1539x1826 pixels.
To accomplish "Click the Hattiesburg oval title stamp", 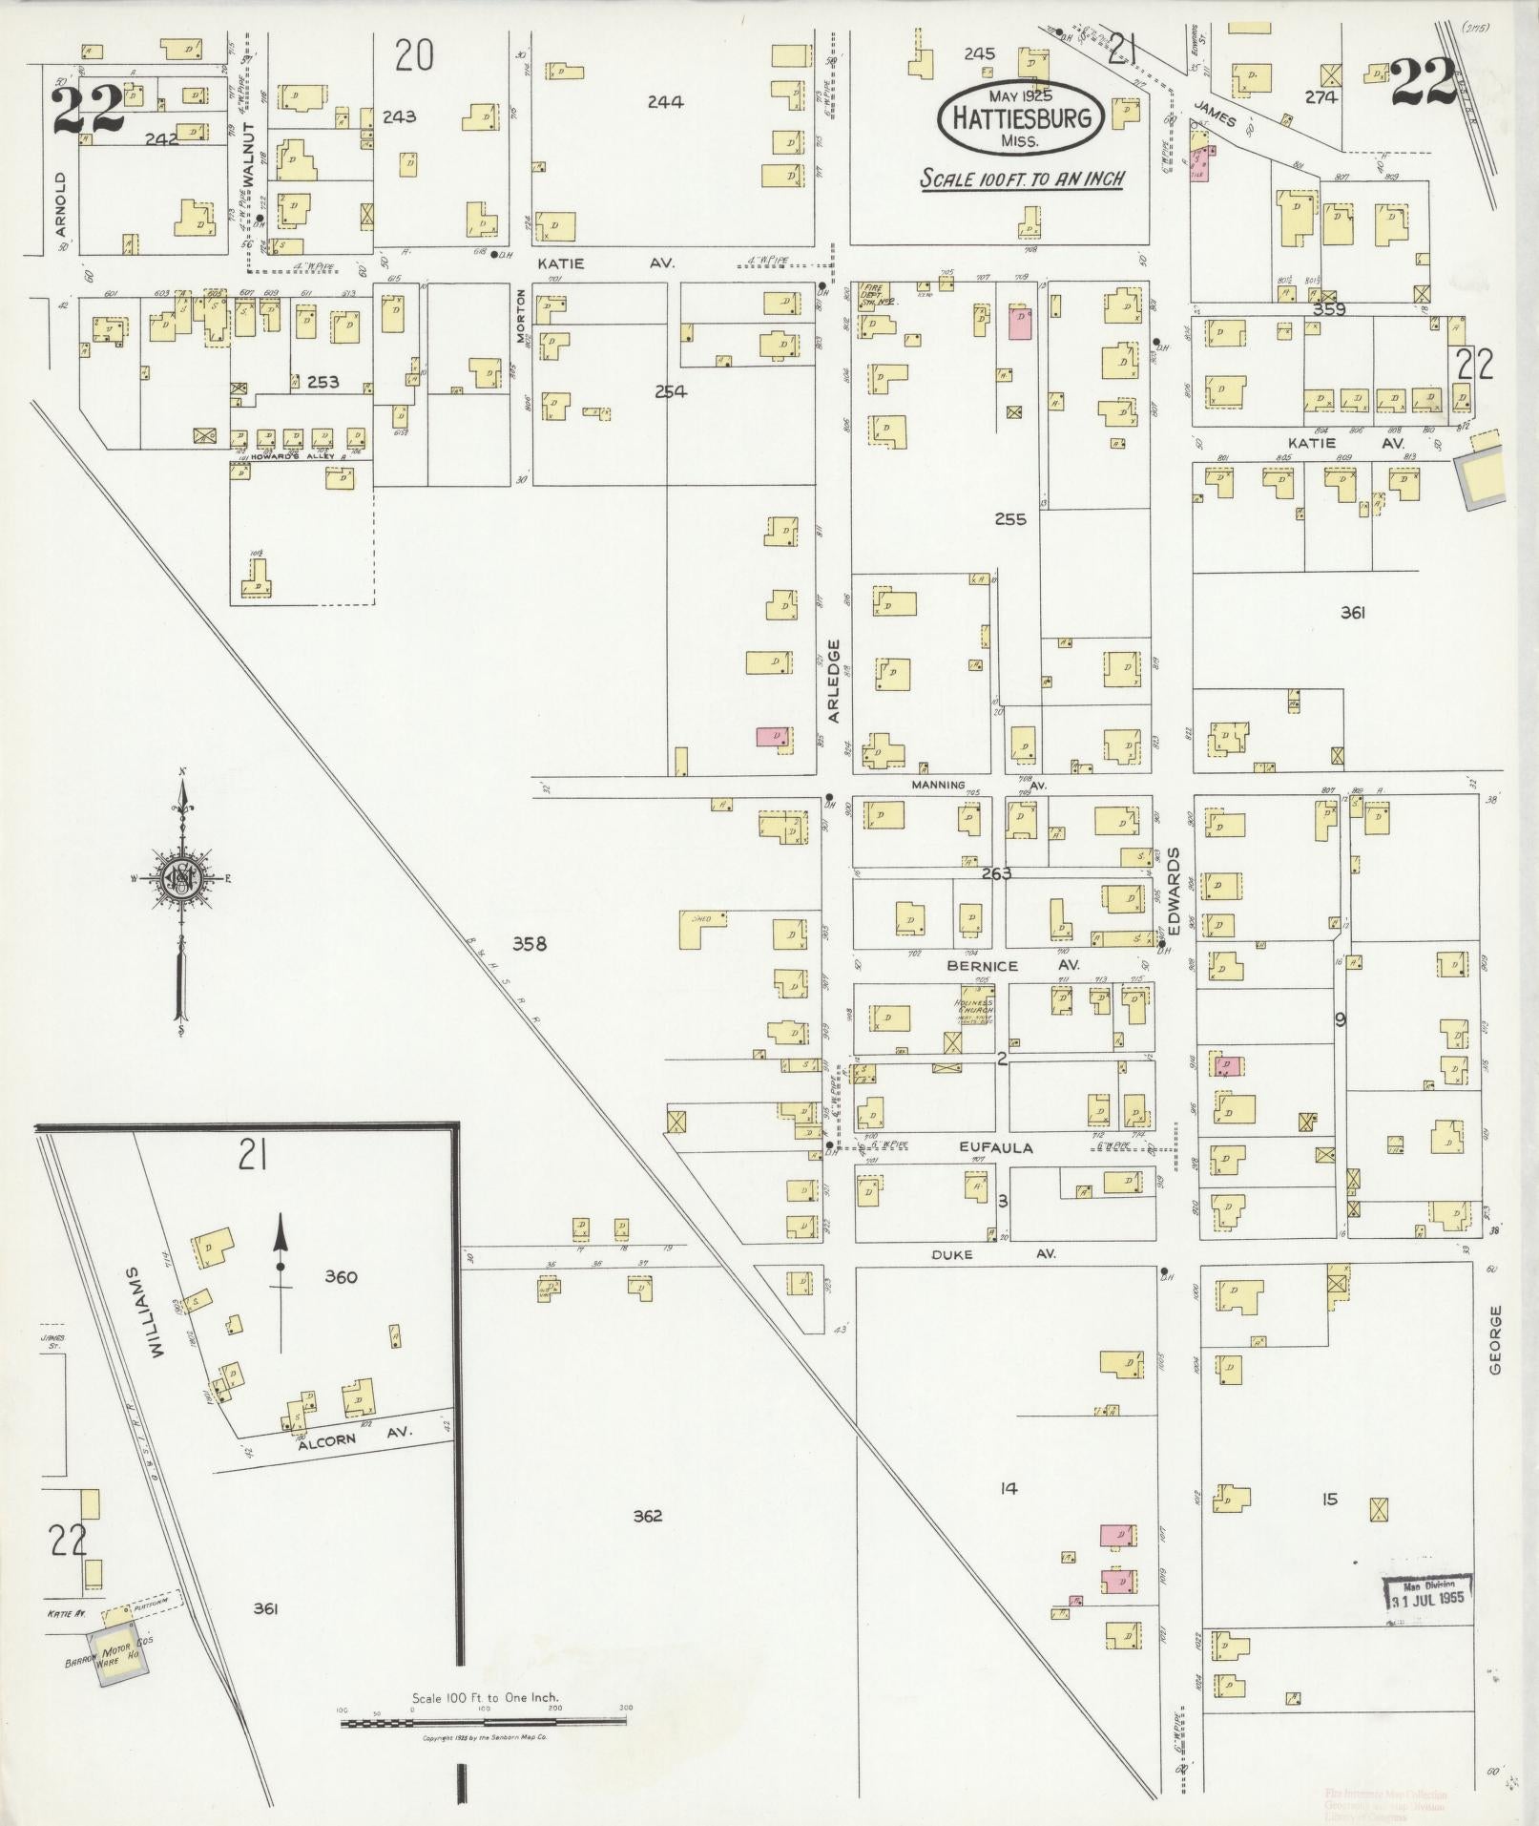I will click(1020, 117).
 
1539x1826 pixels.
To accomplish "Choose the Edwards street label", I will click(1175, 891).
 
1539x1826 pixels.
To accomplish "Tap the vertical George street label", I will click(1495, 1339).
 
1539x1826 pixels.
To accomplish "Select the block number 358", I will click(530, 944).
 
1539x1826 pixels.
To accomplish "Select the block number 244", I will click(665, 102).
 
